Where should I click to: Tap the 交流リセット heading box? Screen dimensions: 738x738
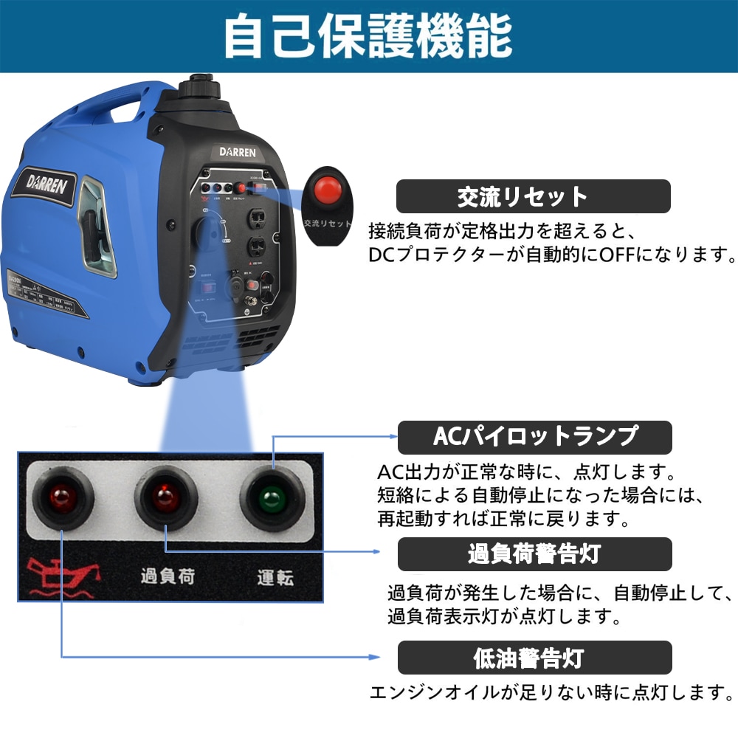[534, 197]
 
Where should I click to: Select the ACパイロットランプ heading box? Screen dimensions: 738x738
[534, 437]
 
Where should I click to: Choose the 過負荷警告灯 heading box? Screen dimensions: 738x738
[534, 554]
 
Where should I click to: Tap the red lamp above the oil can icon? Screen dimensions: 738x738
[61, 497]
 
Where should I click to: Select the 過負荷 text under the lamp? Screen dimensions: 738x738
[168, 576]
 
